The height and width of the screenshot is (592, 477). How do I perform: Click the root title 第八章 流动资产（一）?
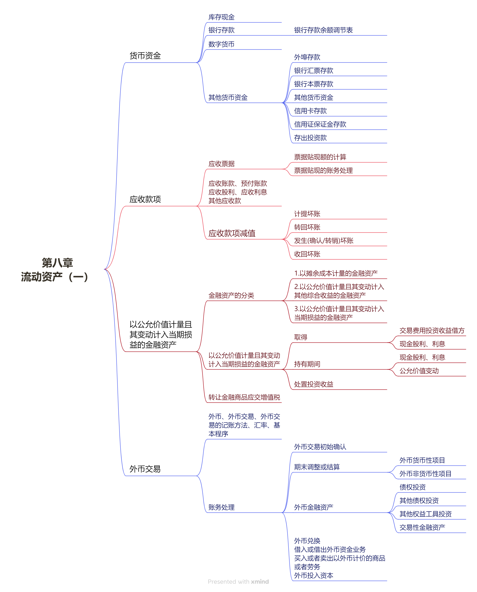click(55, 270)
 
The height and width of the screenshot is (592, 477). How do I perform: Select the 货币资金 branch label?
click(145, 56)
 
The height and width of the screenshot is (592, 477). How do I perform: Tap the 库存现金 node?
click(221, 17)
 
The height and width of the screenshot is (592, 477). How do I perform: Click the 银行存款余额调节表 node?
click(323, 30)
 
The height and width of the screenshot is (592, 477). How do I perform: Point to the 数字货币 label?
click(221, 44)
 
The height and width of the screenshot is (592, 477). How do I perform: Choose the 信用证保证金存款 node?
click(320, 124)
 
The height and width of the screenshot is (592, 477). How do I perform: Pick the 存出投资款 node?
click(310, 138)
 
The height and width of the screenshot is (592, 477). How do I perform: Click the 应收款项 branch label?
click(145, 199)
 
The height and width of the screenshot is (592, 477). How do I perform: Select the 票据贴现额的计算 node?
click(320, 157)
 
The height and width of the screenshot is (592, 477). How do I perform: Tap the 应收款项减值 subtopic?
click(232, 233)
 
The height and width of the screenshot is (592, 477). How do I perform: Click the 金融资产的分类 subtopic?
click(231, 295)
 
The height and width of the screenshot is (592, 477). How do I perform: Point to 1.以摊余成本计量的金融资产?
click(336, 274)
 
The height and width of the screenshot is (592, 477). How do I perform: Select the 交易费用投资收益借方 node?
click(432, 331)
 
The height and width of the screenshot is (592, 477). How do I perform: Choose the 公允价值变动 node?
click(419, 371)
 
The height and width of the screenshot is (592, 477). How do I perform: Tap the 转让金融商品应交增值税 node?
click(244, 397)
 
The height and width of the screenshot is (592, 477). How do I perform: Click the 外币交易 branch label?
click(145, 469)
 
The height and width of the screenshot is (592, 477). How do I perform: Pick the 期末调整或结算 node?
click(317, 467)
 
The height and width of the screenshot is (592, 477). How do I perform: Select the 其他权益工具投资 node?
click(425, 514)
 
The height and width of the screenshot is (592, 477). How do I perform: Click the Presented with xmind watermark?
click(238, 582)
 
